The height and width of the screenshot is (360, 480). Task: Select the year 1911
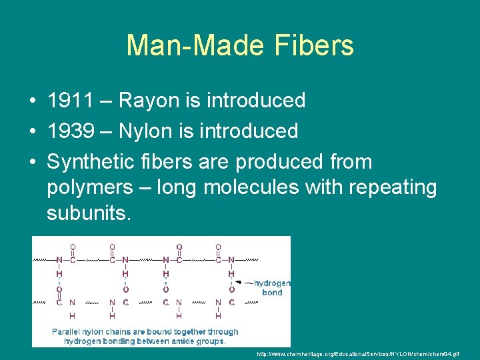click(69, 101)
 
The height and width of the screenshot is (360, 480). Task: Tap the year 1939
click(69, 131)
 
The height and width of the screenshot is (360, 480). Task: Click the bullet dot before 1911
click(32, 101)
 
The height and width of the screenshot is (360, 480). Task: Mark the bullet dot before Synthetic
click(32, 162)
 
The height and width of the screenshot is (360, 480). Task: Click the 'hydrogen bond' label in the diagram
click(272, 287)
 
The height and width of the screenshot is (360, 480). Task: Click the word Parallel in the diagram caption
click(69, 331)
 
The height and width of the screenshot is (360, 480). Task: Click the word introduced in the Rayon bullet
click(256, 101)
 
